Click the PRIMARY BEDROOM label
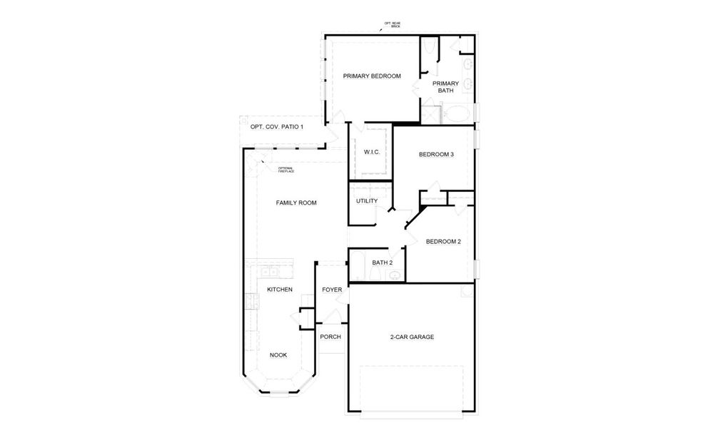(371, 76)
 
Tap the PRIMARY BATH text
(445, 87)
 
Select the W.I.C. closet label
(371, 153)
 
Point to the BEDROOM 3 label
(436, 155)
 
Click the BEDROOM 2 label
(443, 242)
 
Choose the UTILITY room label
(367, 201)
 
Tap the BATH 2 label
(382, 263)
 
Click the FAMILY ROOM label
(296, 203)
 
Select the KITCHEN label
(280, 290)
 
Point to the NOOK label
(278, 355)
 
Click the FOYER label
(332, 290)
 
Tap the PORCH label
(330, 337)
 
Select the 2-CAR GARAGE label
(412, 337)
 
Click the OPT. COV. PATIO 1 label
(277, 127)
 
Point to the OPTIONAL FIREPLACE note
(285, 170)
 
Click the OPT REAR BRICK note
(393, 24)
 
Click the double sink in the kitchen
(269, 272)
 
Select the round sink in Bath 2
(393, 276)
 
